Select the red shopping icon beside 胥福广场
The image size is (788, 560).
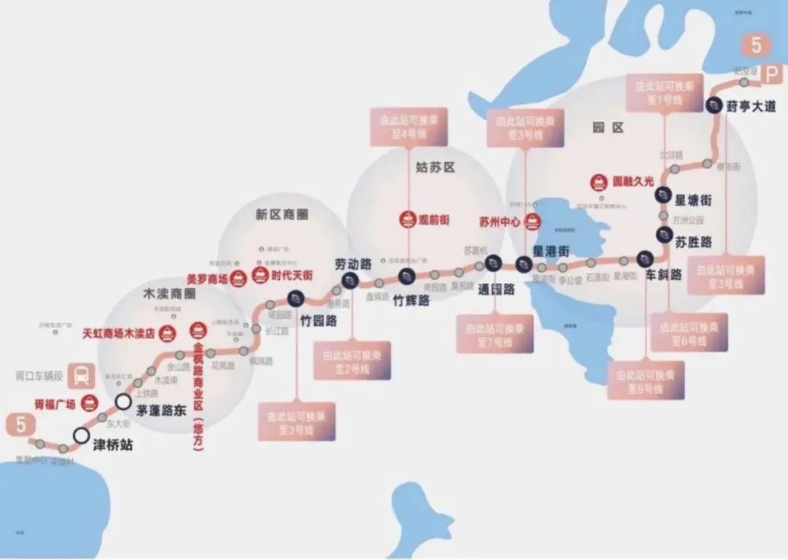coord(90,403)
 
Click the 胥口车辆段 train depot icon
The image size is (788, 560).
coord(81,375)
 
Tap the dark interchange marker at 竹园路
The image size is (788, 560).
coord(295,297)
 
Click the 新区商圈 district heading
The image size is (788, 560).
coord(282,214)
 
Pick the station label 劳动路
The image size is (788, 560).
coord(353,264)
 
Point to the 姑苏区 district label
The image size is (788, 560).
coord(435,167)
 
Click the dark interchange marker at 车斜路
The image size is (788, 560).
coord(644,257)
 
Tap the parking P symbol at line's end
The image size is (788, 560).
coord(772,73)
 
